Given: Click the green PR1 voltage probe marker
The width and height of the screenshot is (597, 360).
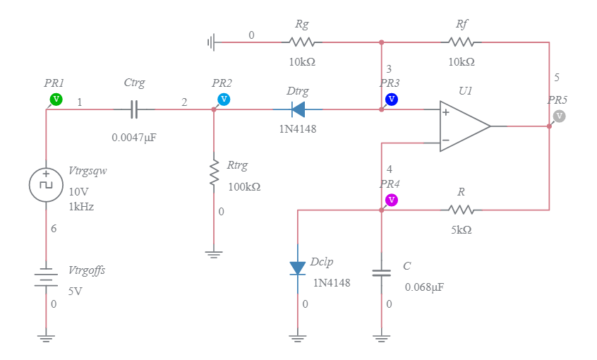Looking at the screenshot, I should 57,99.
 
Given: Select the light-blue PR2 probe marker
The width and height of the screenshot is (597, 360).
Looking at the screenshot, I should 224,99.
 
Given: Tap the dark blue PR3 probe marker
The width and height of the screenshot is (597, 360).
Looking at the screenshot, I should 392,99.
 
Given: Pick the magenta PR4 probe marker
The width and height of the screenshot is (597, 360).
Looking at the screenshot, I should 392,200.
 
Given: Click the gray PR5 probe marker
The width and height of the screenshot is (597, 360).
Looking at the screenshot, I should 559,115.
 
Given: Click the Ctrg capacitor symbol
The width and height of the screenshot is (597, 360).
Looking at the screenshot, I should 134,109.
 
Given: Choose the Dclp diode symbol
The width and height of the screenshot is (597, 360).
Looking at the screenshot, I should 298,268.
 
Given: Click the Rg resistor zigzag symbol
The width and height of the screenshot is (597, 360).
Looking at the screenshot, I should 302,42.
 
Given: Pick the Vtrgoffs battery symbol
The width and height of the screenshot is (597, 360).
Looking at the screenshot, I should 46,277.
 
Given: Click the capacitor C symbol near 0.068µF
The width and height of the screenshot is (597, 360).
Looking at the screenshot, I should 382,272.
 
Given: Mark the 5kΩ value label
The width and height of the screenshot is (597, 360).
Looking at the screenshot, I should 462,229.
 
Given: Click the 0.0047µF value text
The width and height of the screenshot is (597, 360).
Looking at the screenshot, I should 134,138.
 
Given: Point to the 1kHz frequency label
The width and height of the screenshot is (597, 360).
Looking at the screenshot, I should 81,207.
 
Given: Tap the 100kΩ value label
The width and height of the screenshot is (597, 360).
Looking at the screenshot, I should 244,187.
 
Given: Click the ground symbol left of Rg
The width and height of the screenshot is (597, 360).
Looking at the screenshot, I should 210,42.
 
